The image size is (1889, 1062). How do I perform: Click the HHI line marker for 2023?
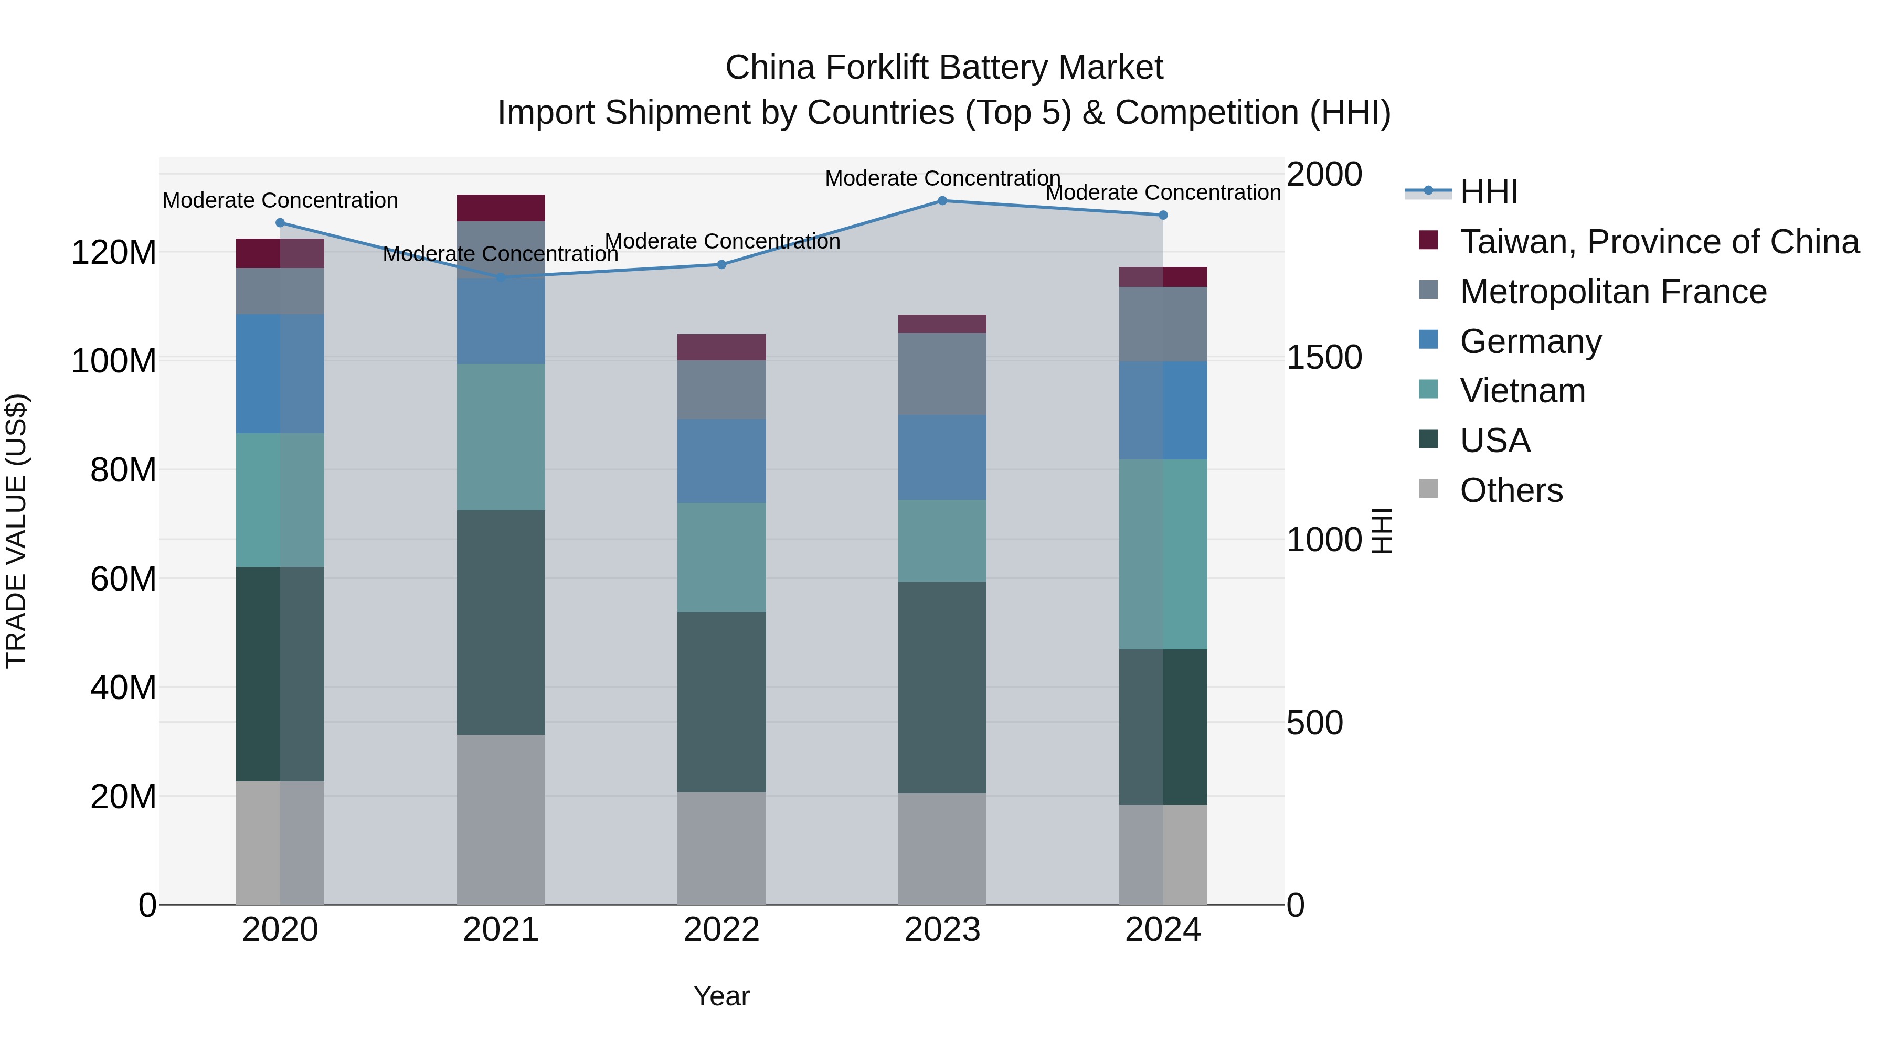[x=942, y=201]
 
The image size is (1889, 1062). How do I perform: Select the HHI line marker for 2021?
[x=501, y=277]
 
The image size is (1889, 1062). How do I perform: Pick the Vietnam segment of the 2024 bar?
[x=1163, y=554]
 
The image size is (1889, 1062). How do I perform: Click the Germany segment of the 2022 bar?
[x=721, y=461]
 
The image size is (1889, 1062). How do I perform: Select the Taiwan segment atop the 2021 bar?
[x=501, y=208]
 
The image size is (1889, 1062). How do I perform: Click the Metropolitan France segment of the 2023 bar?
[x=942, y=374]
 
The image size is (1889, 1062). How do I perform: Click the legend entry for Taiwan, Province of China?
[x=1659, y=242]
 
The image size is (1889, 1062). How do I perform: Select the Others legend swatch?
[x=1428, y=489]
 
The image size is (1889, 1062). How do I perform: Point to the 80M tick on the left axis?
[x=123, y=470]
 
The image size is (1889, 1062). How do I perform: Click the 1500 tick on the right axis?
[x=1324, y=358]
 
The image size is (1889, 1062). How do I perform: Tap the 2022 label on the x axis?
[x=721, y=930]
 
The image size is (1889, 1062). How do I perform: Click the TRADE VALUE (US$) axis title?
[x=16, y=531]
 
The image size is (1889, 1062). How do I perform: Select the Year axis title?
[x=721, y=996]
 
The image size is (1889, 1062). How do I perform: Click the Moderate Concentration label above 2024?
[x=1163, y=193]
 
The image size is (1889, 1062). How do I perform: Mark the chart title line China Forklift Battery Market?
[x=944, y=68]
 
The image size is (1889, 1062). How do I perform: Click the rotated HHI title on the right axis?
[x=1382, y=531]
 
